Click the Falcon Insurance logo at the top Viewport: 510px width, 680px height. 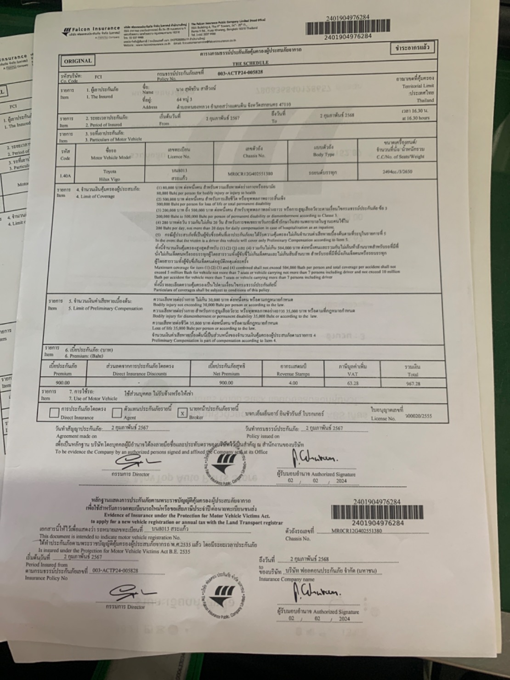[92, 30]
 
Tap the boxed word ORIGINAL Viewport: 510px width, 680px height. [78, 61]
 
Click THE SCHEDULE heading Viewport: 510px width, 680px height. [250, 63]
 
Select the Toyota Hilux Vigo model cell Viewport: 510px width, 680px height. [110, 175]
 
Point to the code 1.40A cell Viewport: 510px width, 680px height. [65, 176]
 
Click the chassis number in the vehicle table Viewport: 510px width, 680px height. [250, 174]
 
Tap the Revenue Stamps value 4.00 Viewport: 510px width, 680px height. [293, 383]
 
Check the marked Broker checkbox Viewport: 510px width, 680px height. [182, 413]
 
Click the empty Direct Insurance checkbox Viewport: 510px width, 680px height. [54, 413]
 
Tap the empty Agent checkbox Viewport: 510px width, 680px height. [117, 413]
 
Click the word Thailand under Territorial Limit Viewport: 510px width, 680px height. [425, 100]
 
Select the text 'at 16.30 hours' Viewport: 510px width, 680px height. [415, 118]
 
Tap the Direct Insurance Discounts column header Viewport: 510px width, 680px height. [140, 370]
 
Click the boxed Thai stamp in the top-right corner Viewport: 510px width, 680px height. [412, 47]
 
